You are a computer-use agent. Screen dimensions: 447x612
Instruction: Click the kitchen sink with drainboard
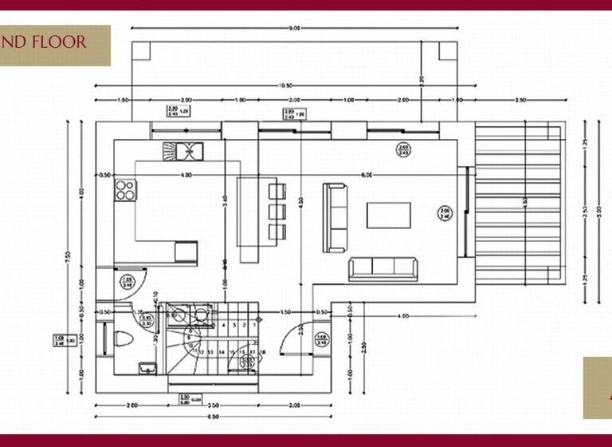[184, 149]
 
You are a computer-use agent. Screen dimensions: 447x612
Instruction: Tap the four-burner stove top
[125, 190]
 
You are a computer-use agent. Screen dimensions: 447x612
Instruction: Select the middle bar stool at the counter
[277, 212]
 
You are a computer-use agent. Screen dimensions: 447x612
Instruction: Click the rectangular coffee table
[388, 215]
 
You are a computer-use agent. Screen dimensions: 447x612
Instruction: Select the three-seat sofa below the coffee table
[382, 269]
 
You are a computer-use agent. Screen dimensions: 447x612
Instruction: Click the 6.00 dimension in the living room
[366, 174]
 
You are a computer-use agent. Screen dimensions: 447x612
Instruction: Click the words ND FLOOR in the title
[44, 42]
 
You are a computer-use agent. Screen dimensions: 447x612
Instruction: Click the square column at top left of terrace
[141, 51]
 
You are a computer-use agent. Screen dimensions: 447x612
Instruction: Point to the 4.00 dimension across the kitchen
[186, 174]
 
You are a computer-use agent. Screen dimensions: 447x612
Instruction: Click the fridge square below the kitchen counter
[185, 251]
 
